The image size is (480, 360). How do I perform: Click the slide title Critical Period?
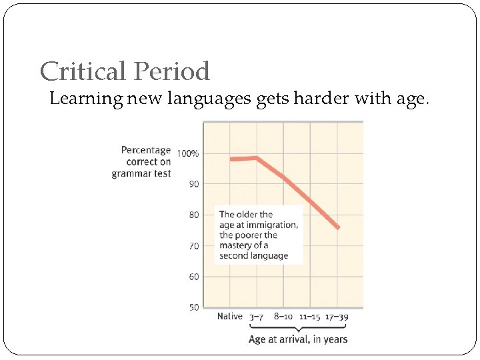(125, 71)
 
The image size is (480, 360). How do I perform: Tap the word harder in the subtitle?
(329, 99)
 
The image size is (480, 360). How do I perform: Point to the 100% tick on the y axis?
(187, 153)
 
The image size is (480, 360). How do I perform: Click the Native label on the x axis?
(230, 317)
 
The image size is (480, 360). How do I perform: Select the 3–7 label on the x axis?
(257, 317)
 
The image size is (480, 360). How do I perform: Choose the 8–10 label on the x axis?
(283, 317)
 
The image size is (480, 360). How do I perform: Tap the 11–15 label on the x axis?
(310, 317)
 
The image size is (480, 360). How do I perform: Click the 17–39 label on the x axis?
(337, 317)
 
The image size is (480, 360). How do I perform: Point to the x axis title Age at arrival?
(298, 339)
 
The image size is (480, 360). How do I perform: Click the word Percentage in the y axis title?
(146, 150)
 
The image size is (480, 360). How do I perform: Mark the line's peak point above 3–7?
(257, 158)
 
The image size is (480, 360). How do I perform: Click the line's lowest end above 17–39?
(338, 228)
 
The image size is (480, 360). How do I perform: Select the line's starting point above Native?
(231, 159)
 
